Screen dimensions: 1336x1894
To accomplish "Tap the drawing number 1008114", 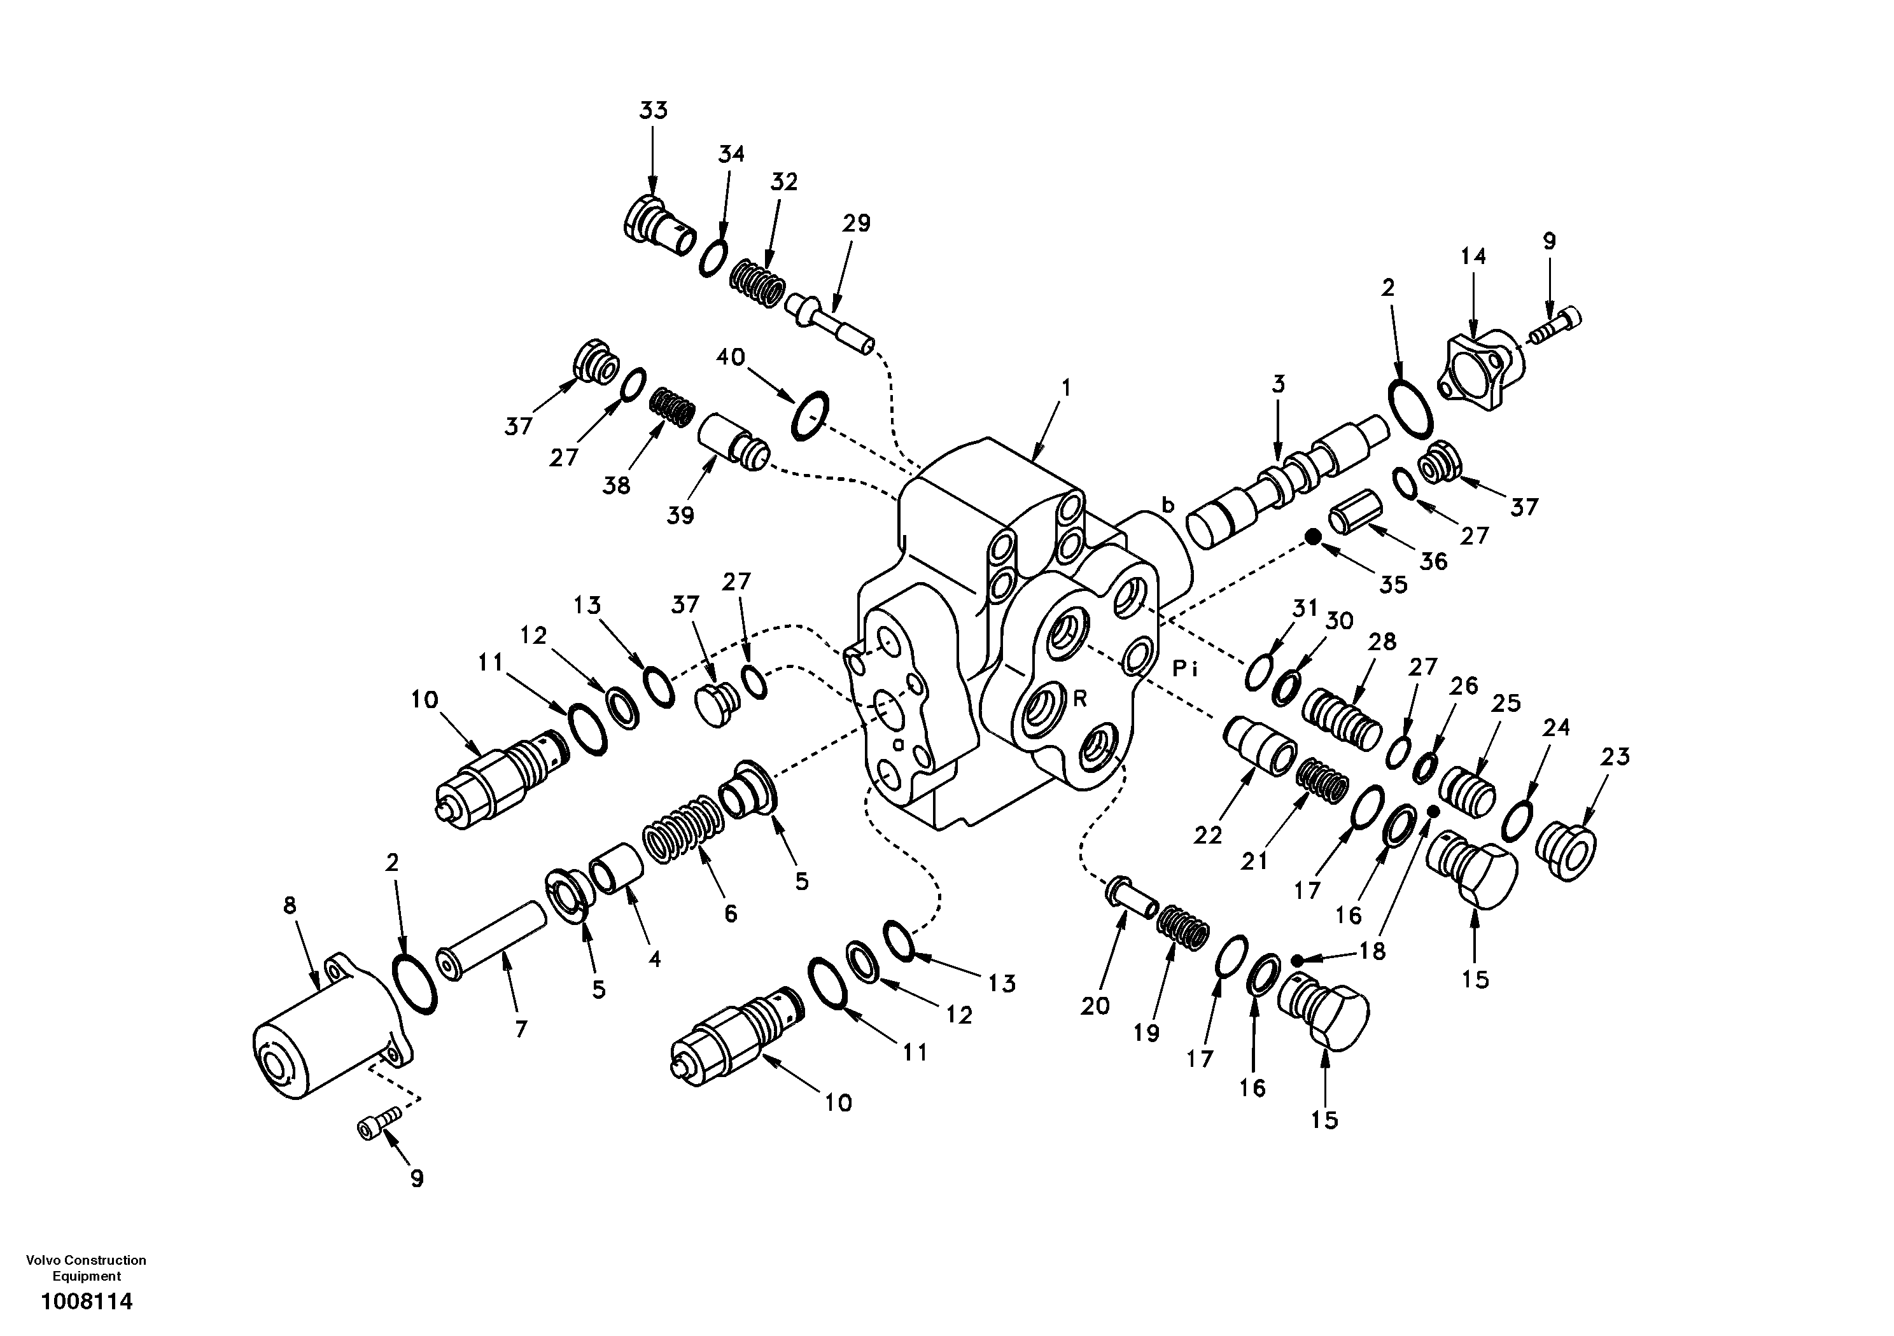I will tap(87, 1302).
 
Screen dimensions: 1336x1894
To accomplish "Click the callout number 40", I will tap(730, 357).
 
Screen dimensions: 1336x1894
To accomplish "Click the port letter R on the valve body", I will tap(1080, 699).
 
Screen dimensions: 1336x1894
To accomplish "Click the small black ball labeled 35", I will tap(1313, 538).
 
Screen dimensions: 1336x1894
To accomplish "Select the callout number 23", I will tap(1615, 756).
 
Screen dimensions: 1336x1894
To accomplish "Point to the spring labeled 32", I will tap(757, 284).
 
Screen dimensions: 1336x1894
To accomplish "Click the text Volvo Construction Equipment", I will tap(87, 1267).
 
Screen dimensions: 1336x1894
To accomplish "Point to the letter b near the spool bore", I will tap(1167, 504).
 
